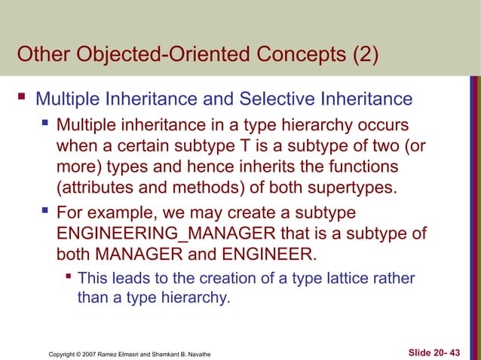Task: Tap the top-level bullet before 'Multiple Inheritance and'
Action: pos(23,98)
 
